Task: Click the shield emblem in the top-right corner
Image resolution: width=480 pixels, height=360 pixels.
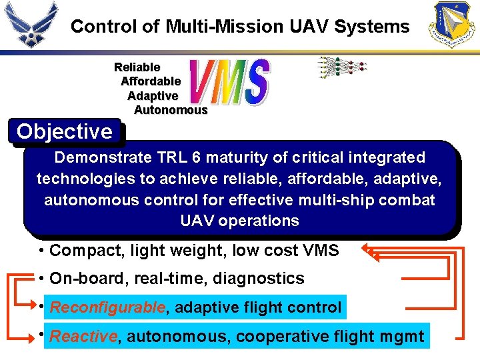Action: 453,25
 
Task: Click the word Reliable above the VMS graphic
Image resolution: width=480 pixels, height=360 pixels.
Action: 137,67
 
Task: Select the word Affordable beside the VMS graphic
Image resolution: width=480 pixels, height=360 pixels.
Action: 151,81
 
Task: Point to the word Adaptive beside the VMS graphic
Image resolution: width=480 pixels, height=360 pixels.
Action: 153,96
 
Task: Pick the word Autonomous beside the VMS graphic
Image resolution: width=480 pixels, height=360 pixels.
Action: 171,110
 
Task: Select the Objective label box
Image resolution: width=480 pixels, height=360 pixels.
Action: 65,132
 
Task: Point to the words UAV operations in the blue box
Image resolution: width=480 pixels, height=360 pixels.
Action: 240,221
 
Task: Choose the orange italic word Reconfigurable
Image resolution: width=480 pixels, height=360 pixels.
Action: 107,308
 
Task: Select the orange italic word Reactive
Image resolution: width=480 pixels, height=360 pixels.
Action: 83,337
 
